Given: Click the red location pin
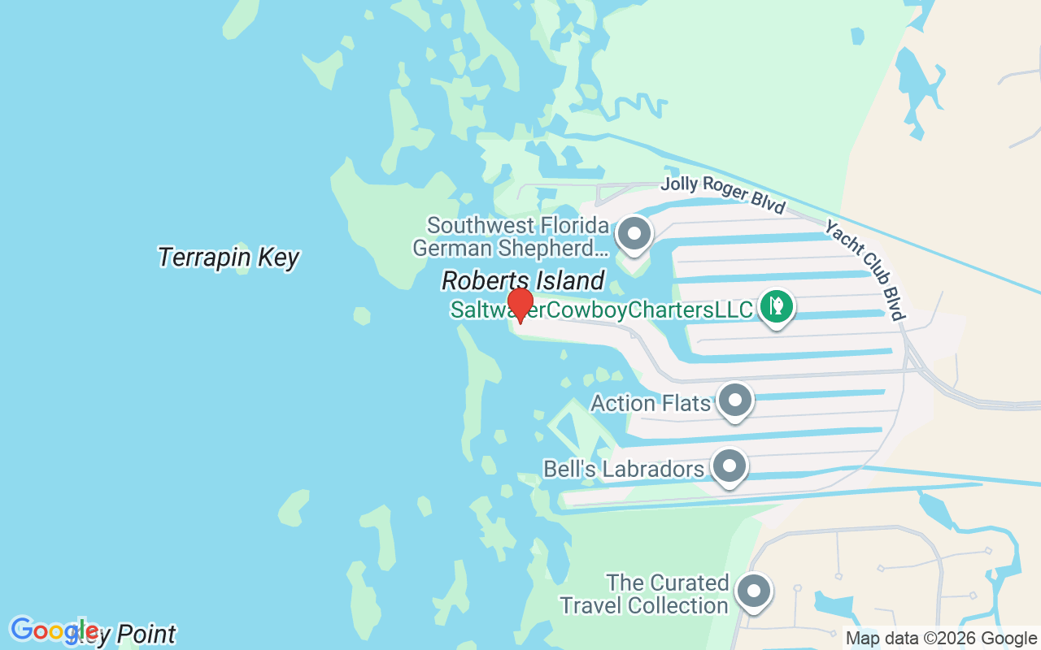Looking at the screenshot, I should (x=520, y=305).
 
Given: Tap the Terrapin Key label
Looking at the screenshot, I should (x=229, y=258).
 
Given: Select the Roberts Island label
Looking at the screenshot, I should (x=523, y=281).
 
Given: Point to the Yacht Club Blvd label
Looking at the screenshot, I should (x=865, y=270).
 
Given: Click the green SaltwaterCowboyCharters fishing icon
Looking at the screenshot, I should (x=776, y=306).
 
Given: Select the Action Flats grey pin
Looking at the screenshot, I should (x=736, y=400).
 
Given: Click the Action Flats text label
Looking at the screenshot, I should (x=651, y=403).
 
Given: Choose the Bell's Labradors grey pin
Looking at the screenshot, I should (x=730, y=466).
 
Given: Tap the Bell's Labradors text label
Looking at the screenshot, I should (x=624, y=470).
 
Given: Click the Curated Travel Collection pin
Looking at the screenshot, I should (x=753, y=591).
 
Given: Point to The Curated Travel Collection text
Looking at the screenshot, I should (x=656, y=594).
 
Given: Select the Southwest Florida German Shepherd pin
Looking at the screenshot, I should (x=634, y=234).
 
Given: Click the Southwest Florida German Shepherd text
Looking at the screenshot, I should (x=511, y=236).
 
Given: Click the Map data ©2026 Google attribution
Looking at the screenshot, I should (x=941, y=639).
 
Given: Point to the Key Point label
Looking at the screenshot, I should (x=134, y=634).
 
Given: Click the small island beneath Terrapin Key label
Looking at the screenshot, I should (x=242, y=270).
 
